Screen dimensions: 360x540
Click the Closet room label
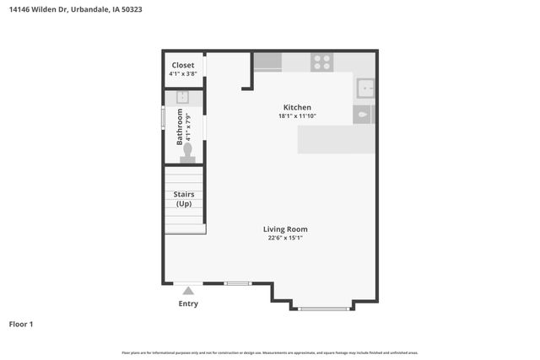tap(183, 65)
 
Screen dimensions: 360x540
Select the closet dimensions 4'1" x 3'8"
tap(183, 74)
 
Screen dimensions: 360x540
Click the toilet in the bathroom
tap(187, 153)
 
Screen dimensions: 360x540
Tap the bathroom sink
tap(181, 98)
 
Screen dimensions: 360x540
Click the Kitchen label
tap(297, 107)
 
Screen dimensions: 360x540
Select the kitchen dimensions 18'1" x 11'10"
tap(297, 116)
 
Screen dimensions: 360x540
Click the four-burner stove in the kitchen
tap(321, 62)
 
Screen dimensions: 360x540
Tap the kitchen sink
tap(365, 87)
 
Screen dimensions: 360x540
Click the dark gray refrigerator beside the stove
tap(267, 62)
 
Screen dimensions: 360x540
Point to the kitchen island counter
tap(336, 139)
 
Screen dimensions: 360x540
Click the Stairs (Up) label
tap(184, 199)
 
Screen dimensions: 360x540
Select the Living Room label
tap(285, 228)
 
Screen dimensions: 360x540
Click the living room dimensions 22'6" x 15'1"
tap(285, 238)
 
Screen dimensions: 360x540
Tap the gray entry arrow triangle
tap(188, 291)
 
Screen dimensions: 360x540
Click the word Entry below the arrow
tap(188, 304)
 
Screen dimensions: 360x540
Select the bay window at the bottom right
tap(324, 309)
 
